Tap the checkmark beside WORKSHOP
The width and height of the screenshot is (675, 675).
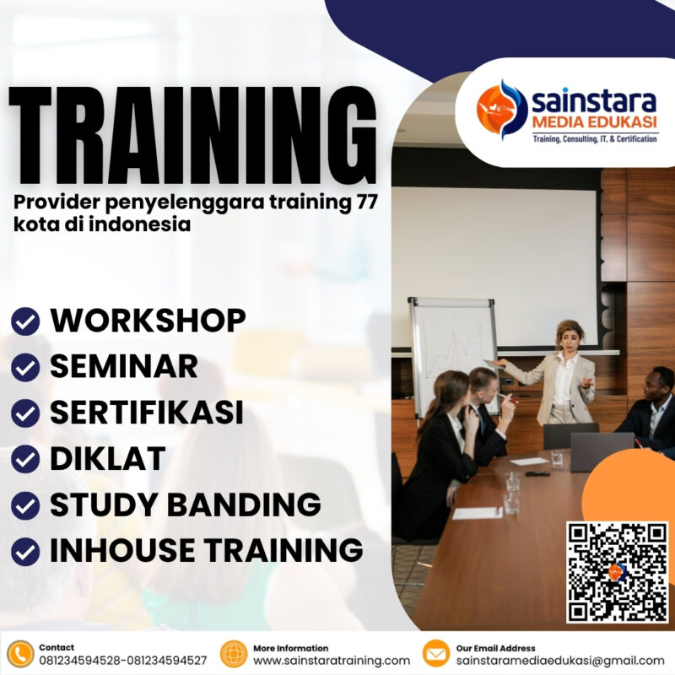pos(25,321)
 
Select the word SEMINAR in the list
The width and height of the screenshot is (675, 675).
pos(123,366)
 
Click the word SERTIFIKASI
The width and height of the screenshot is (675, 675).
pos(146,413)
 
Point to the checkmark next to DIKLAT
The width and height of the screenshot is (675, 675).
pos(25,459)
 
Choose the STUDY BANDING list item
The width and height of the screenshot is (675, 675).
pos(185,505)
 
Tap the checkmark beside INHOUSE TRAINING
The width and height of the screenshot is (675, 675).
pos(25,551)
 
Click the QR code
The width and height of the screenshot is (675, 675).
pos(618,572)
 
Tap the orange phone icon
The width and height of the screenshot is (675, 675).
pos(19,654)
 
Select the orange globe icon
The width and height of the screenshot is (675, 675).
pos(233,654)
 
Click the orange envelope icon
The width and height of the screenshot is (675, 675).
pos(435,654)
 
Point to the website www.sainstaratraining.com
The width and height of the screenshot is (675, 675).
pos(332,661)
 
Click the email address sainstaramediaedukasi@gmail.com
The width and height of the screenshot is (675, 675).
pos(560,661)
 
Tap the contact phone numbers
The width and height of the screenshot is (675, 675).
pos(123,661)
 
